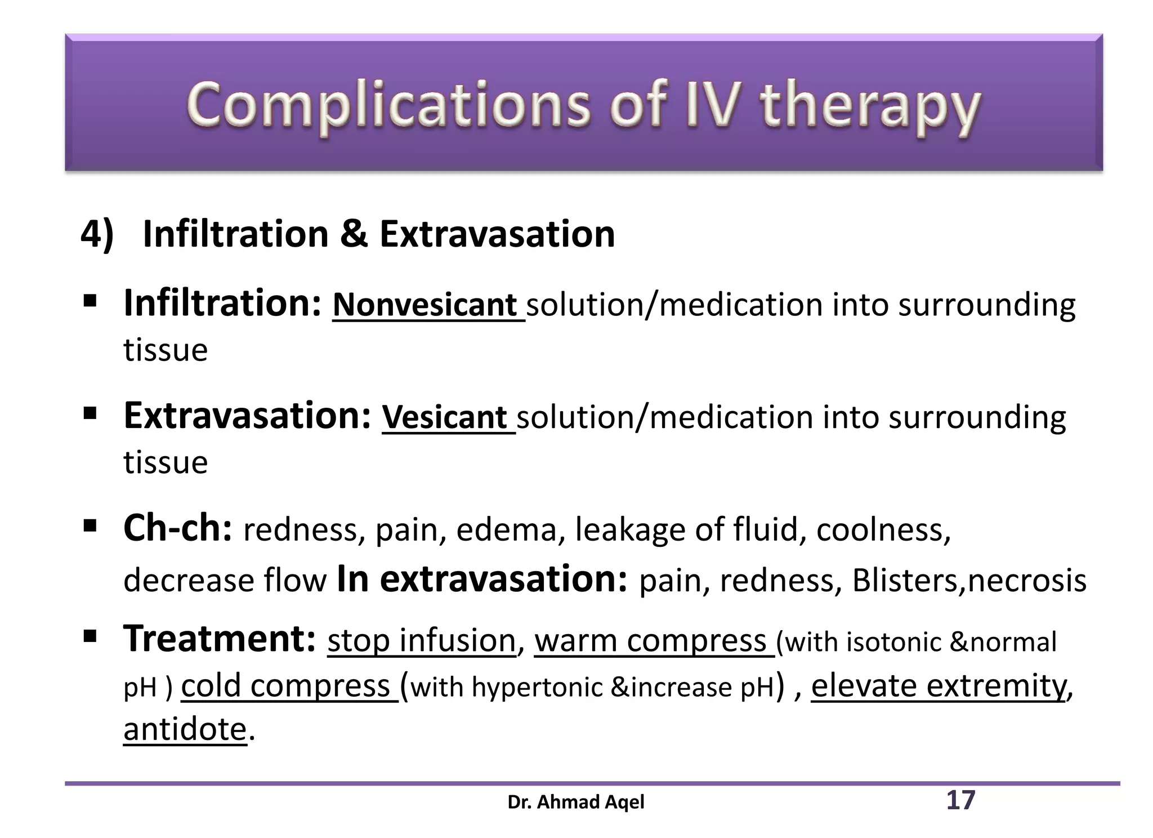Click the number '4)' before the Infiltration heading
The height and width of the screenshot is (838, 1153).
pos(97,234)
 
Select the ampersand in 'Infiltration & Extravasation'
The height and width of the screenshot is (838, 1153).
pos(354,234)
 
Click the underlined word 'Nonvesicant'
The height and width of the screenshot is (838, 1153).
pos(425,305)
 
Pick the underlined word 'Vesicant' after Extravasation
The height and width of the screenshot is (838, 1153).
pos(445,418)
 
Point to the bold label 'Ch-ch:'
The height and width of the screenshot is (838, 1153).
pos(177,528)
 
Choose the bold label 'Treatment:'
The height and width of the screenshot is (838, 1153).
pos(219,639)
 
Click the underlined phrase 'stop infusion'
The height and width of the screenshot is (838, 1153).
pos(421,641)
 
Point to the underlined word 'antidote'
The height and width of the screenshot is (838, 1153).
pos(185,730)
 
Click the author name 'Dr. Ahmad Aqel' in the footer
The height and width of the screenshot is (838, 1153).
pos(575,802)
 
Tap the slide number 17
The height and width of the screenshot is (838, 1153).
pos(960,800)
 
